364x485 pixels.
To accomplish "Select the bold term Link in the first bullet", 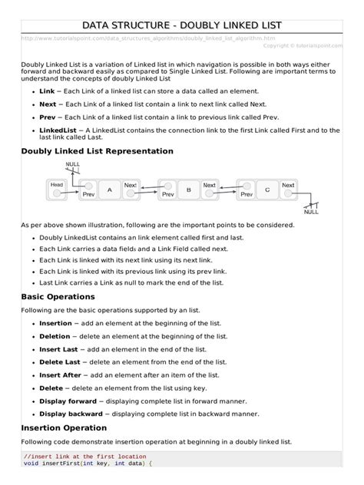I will tap(47, 91).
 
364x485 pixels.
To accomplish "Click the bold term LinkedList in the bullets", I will tap(58, 130).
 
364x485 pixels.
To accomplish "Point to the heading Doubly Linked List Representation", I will tap(97, 151).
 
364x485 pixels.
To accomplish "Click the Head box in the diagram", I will tap(57, 185).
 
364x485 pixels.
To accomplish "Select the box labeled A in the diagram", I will tap(110, 190).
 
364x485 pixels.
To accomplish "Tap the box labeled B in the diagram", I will tap(189, 190).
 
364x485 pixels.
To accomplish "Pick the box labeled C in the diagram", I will tap(267, 190).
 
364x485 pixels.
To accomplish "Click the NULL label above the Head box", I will tap(72, 164).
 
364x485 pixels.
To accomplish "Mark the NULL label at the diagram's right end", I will tap(311, 212).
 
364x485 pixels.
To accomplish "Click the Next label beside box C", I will tap(288, 185).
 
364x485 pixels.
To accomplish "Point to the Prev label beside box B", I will tap(168, 195).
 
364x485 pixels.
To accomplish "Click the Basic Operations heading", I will tap(58, 296).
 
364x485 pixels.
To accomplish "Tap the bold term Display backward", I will tap(71, 414).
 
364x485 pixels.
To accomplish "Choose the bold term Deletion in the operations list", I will tap(55, 335).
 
